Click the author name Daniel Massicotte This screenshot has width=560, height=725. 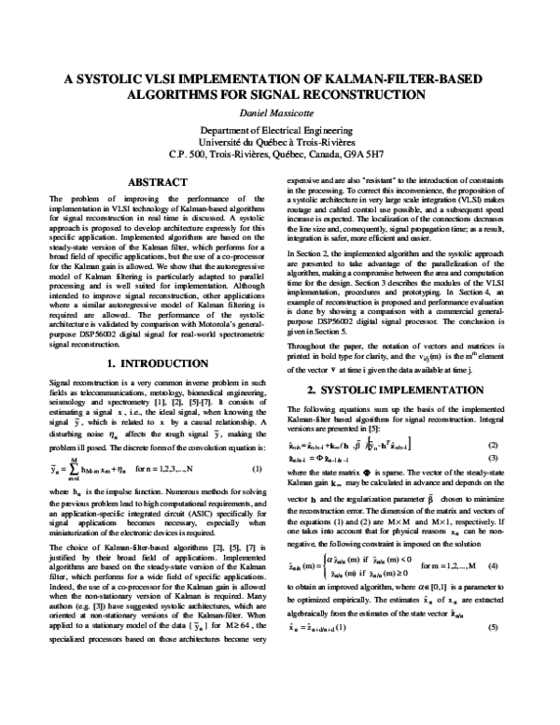[x=279, y=112]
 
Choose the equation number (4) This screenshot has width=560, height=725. [x=492, y=539]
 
